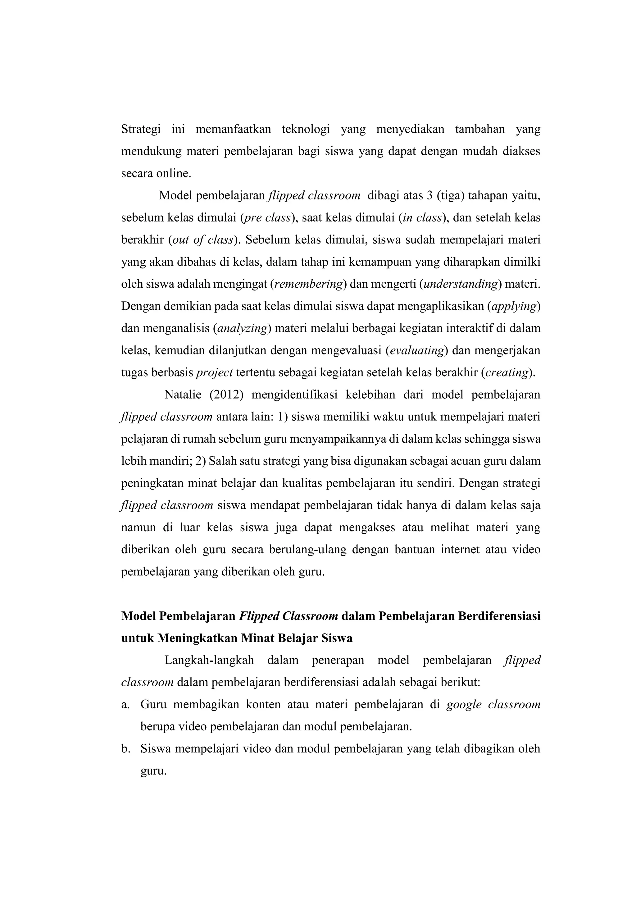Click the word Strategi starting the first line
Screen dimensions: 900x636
141,129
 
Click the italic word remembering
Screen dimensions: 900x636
309,284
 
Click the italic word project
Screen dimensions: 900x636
214,373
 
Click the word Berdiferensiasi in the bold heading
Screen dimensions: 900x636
499,616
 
